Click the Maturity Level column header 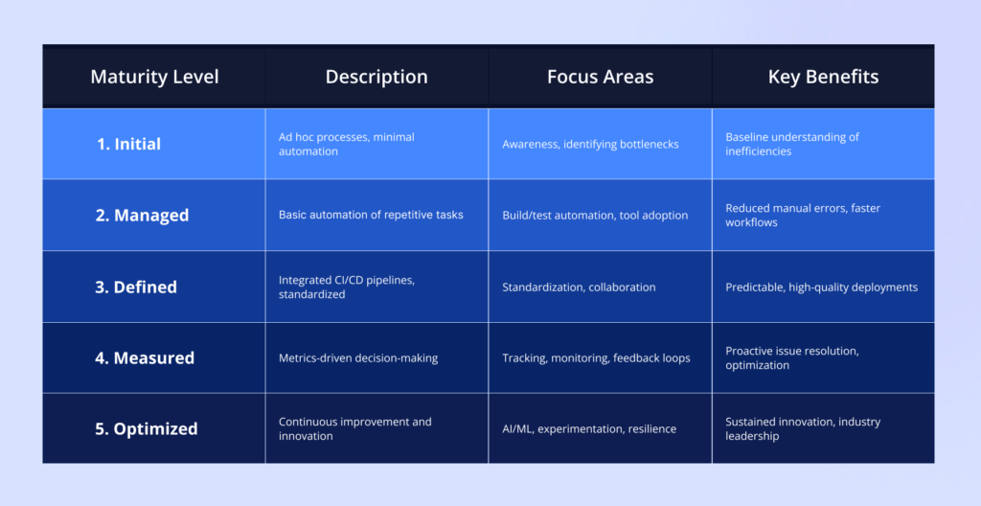154,77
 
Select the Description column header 376,77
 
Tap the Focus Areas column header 600,77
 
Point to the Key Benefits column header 823,77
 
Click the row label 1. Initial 128,145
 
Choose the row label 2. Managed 142,216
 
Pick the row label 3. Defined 136,287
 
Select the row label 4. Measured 145,358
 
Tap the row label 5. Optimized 147,429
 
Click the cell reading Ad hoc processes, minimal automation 347,145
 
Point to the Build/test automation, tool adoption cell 595,216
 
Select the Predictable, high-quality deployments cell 821,287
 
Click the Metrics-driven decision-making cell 358,358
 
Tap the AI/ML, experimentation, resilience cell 589,429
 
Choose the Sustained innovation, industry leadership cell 803,429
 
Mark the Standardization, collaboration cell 579,287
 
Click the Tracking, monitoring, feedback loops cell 596,358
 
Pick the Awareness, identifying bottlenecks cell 590,145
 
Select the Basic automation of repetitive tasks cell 371,216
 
